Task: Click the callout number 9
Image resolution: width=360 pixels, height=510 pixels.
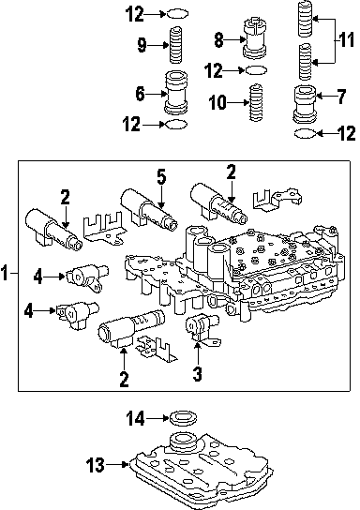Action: coord(142,45)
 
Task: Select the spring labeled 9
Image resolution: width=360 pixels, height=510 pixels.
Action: coord(175,45)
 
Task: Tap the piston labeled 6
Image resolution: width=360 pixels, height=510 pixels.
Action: coord(177,93)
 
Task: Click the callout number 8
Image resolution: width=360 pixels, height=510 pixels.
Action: coord(218,40)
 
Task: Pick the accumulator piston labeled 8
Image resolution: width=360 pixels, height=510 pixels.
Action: coord(256,39)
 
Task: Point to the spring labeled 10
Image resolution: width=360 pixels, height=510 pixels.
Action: coord(256,103)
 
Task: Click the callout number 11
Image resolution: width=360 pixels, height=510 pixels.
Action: coord(345,40)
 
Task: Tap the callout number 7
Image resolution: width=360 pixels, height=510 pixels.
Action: coord(340,97)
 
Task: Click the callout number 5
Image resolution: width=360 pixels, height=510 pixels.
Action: coord(161,177)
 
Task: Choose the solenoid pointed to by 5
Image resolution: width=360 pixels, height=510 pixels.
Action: coord(149,208)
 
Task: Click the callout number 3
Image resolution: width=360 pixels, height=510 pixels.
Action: coord(198,373)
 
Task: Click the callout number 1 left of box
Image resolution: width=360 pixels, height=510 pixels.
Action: coord(5,273)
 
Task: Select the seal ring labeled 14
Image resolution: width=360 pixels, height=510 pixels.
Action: coord(184,417)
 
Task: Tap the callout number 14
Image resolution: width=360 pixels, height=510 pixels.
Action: coord(135,418)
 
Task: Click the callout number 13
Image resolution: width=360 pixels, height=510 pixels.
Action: coord(96,465)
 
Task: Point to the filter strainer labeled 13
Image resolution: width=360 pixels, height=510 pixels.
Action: coord(202,472)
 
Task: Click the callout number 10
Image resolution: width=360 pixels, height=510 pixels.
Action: coord(217,102)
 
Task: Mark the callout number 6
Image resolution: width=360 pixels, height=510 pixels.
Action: coord(140,94)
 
